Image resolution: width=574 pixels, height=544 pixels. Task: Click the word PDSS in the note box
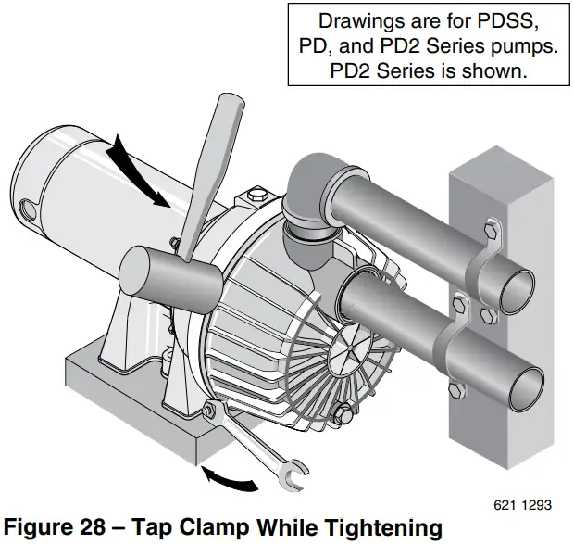point(510,19)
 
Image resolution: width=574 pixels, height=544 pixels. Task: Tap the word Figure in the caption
point(37,526)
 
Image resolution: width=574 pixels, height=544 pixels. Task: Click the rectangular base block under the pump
point(120,399)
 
